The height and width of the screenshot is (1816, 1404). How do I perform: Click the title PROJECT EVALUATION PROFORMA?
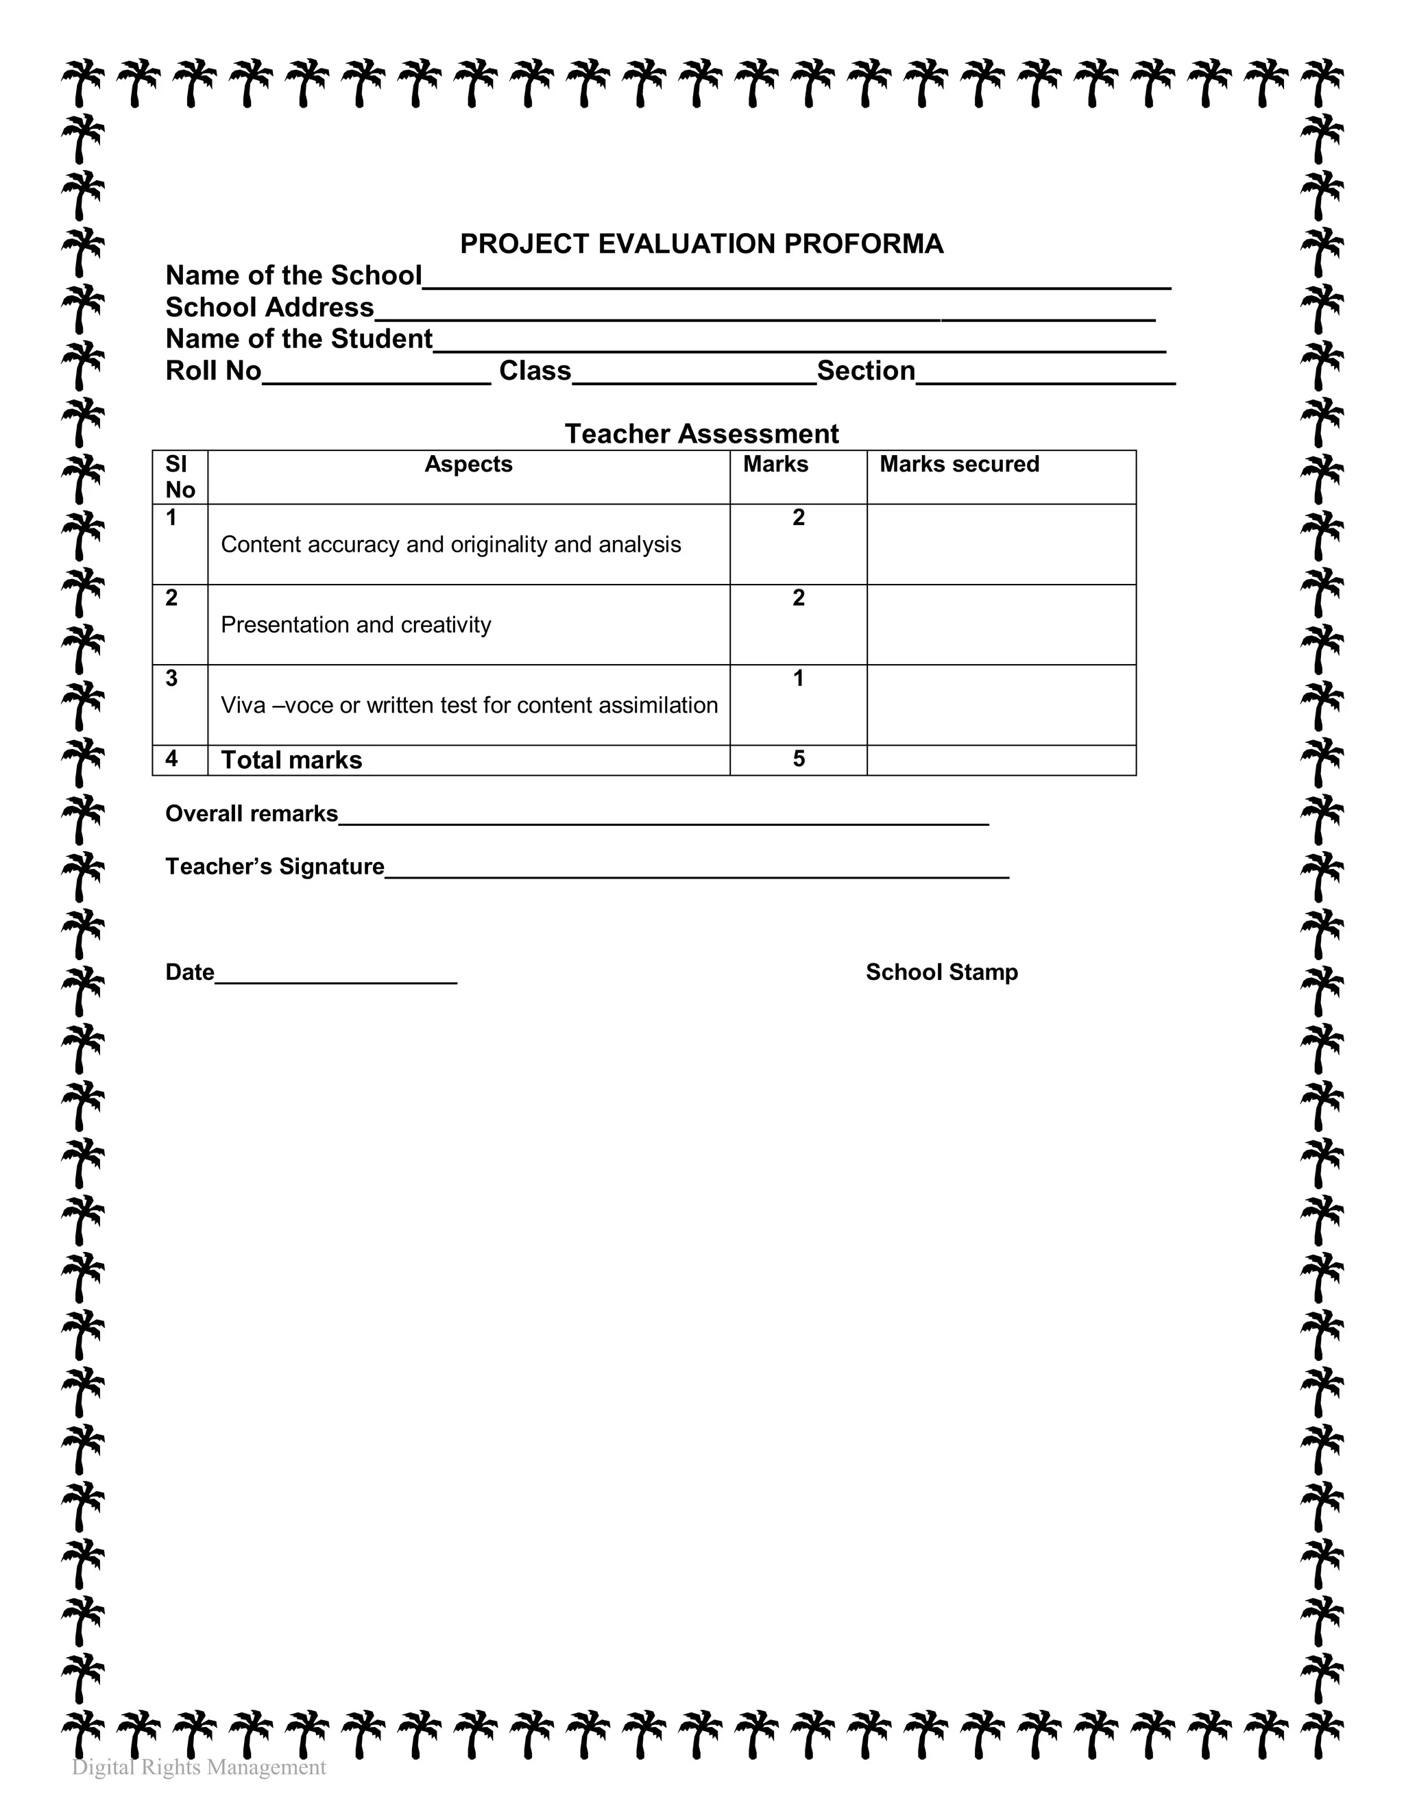click(701, 244)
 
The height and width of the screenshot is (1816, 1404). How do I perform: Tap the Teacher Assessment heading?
click(701, 433)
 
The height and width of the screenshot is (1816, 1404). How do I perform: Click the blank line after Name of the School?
click(796, 283)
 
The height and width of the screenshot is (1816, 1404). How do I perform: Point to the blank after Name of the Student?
click(799, 346)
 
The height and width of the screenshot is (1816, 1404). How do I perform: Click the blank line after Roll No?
click(376, 378)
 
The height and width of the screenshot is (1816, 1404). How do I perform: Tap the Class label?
click(535, 370)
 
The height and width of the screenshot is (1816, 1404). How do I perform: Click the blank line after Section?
click(1045, 378)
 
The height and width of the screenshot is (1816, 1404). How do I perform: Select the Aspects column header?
click(468, 464)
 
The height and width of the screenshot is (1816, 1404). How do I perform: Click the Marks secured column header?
click(959, 464)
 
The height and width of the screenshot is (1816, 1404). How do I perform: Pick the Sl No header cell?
click(180, 476)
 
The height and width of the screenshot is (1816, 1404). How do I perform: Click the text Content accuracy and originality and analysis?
click(451, 545)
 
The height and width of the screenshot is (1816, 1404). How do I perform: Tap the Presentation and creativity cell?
click(356, 624)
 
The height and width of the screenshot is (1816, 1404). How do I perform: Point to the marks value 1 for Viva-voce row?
click(798, 678)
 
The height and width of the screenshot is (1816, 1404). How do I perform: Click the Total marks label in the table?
click(291, 760)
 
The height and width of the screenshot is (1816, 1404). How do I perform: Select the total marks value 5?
click(798, 759)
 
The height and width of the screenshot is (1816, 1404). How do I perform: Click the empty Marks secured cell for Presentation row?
click(1001, 624)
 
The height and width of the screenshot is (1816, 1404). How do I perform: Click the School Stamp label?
click(941, 972)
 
